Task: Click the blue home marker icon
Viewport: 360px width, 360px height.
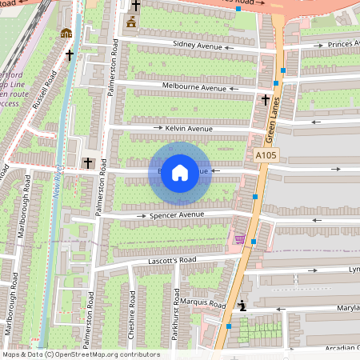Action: (x=180, y=172)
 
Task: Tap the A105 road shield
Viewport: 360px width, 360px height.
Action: (x=266, y=154)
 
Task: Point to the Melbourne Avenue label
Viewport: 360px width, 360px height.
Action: (x=194, y=87)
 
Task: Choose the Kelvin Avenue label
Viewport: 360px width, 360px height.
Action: (x=189, y=128)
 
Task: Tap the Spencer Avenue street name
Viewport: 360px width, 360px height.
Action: (x=175, y=215)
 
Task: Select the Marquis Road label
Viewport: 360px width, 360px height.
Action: (x=202, y=303)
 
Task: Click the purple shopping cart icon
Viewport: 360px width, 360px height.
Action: (x=239, y=238)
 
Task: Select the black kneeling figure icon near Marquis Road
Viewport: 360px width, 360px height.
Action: (x=242, y=306)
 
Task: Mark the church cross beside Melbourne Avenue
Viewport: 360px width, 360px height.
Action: (x=266, y=100)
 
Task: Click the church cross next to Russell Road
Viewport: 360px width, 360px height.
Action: (x=70, y=55)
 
